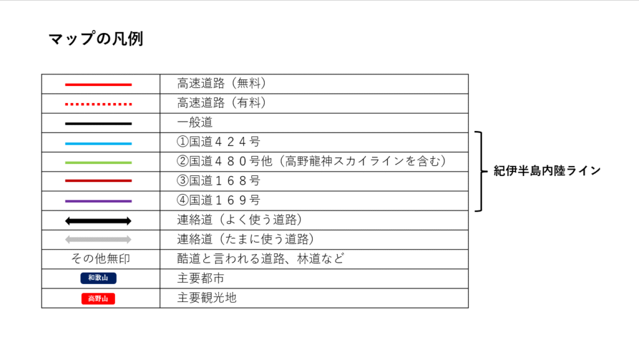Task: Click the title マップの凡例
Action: point(95,39)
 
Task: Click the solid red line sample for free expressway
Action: point(98,85)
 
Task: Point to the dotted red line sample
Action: point(98,104)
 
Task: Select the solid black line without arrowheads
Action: point(98,124)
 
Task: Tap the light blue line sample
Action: point(98,144)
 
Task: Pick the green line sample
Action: point(98,162)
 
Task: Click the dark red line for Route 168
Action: point(98,180)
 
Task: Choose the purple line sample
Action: point(98,201)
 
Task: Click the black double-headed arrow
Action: point(98,221)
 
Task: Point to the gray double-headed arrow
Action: point(98,240)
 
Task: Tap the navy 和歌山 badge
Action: point(98,278)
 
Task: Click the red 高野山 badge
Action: point(98,298)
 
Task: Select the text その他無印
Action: point(100,258)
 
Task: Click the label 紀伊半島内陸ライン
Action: point(547,170)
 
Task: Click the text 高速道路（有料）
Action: point(222,102)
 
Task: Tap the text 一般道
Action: point(195,122)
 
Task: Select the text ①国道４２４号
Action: point(218,142)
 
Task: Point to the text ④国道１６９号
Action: point(218,200)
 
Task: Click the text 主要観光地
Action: point(207,298)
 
